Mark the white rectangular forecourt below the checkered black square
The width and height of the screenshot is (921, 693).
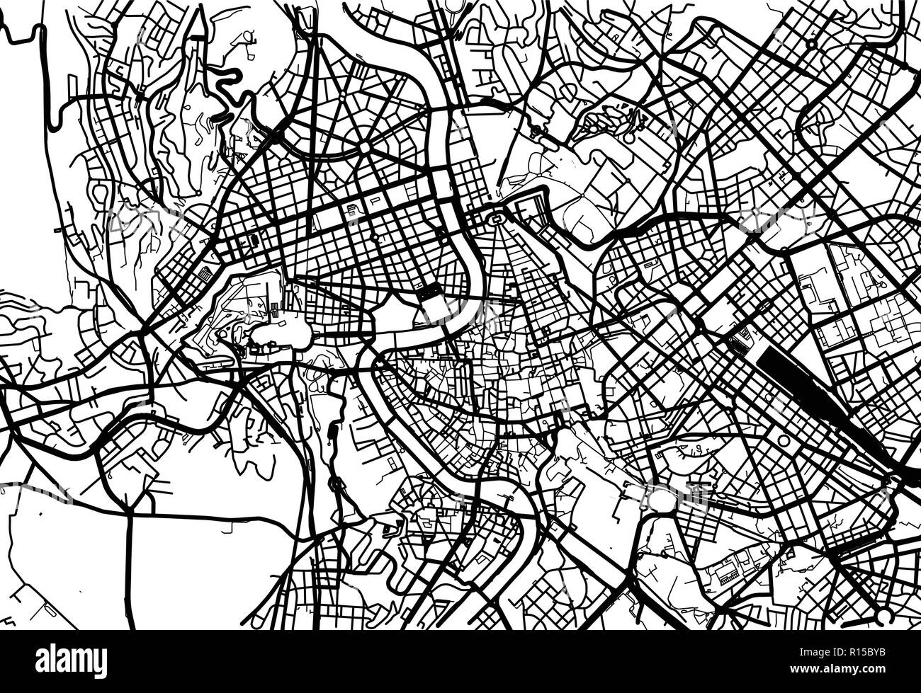pyautogui.click(x=434, y=309)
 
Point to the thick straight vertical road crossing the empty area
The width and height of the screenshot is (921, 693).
pyautogui.click(x=130, y=566)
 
